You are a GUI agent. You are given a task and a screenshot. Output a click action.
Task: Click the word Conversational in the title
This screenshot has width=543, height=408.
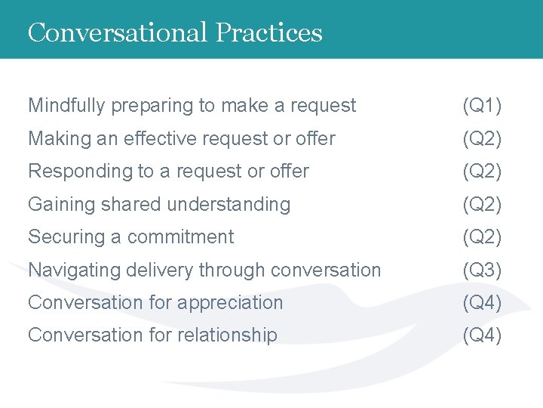[118, 32]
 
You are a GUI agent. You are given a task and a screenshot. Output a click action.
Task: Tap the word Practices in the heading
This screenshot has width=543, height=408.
[268, 32]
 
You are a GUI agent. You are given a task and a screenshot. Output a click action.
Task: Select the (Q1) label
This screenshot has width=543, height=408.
[482, 106]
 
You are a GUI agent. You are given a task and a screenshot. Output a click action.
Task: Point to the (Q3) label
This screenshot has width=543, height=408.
[482, 270]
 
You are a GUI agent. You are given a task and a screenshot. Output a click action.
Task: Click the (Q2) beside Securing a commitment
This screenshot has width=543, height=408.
[482, 237]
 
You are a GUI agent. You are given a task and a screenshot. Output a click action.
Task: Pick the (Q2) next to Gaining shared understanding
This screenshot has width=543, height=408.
[482, 204]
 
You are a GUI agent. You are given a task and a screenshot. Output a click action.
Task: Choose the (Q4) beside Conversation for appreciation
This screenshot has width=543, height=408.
[482, 302]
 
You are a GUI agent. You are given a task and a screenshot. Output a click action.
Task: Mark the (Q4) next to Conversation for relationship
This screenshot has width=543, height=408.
[482, 335]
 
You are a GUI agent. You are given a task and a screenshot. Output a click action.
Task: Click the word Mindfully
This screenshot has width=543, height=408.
[66, 106]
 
